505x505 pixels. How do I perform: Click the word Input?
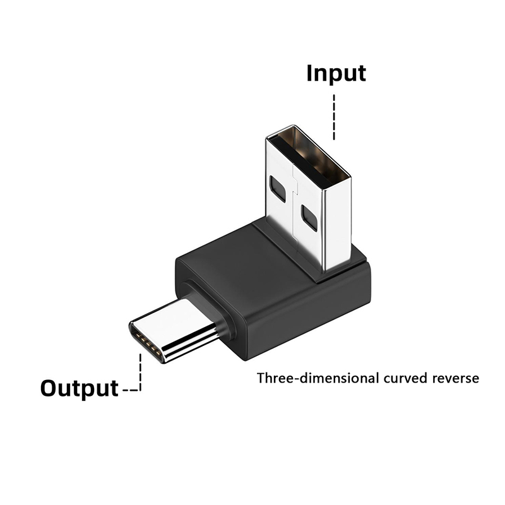tap(336, 74)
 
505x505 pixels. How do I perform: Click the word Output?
tap(80, 388)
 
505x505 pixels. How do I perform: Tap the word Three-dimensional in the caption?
tap(318, 377)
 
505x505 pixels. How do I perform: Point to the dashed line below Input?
tap(334, 117)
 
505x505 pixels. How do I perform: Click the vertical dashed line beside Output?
tap(140, 372)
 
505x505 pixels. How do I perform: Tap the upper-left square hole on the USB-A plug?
tap(277, 189)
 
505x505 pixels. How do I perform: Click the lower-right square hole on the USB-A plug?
tap(309, 218)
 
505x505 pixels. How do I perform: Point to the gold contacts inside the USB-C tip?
tap(149, 345)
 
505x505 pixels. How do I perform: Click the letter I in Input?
tap(309, 73)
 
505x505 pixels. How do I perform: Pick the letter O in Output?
tap(49, 388)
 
